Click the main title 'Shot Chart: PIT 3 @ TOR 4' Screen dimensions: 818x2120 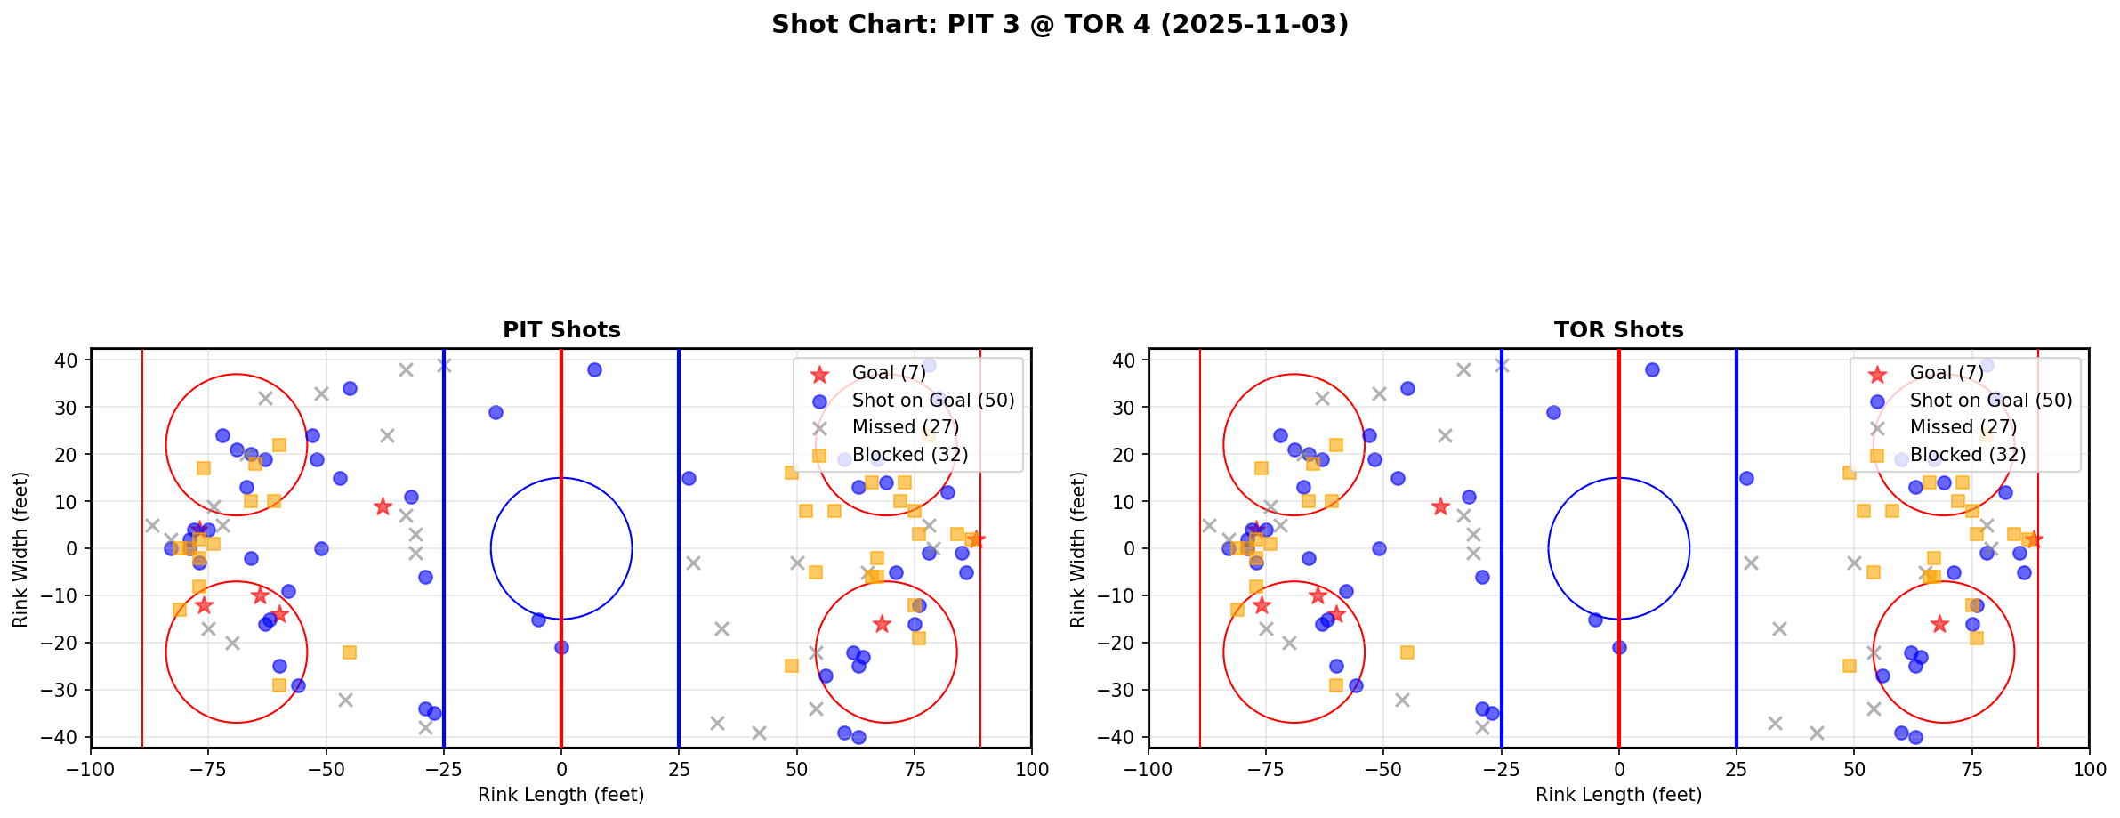(1060, 24)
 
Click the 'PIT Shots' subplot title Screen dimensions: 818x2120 (561, 330)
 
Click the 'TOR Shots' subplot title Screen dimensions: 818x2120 (1618, 330)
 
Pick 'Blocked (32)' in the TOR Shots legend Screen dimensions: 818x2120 (1967, 455)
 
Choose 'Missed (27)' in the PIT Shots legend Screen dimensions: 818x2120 (905, 427)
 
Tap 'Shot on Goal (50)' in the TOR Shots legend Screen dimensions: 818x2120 (1990, 401)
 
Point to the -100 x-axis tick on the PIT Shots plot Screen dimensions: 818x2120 (91, 769)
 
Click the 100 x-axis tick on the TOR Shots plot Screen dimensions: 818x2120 (2088, 769)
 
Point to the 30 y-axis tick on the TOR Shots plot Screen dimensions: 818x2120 (1123, 408)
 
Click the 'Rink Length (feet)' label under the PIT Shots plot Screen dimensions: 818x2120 (561, 795)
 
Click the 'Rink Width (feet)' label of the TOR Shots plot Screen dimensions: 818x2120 (1078, 549)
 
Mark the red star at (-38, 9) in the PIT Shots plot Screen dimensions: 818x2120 (383, 506)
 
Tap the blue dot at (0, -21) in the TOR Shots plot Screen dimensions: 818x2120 (1618, 647)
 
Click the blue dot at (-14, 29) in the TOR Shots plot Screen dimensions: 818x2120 (1553, 412)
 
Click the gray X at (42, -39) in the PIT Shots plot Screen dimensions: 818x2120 (759, 733)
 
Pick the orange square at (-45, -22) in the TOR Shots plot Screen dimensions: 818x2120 (1407, 652)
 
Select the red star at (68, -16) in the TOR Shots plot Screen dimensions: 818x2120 (1939, 624)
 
